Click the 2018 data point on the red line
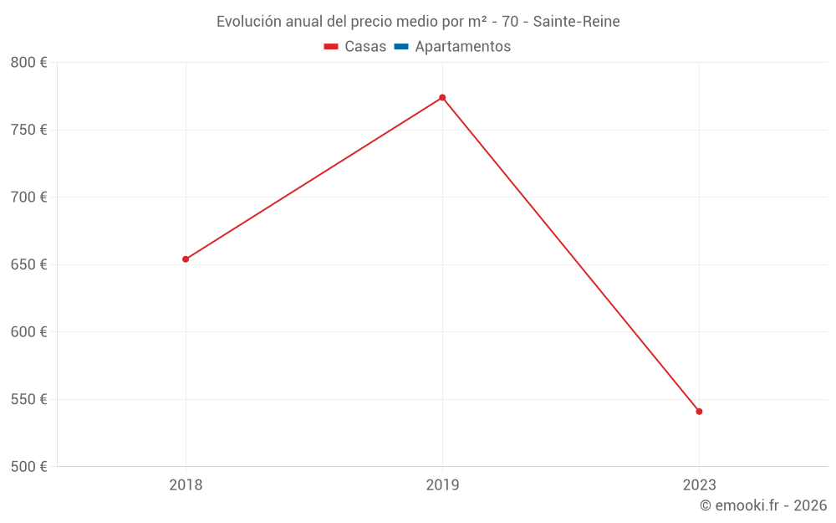(186, 259)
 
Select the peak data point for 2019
(442, 98)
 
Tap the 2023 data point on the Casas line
(699, 412)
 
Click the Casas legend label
(365, 47)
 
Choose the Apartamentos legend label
(462, 47)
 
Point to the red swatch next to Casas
(331, 47)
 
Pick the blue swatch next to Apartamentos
(401, 47)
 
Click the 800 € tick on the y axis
(28, 63)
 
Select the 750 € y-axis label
(28, 130)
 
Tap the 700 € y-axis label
(28, 197)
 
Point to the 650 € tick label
(28, 264)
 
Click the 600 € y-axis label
(28, 332)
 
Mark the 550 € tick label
(28, 399)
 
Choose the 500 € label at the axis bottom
(28, 467)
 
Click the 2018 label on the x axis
(186, 485)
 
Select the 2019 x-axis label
(442, 485)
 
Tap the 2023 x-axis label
(699, 485)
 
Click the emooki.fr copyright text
(763, 505)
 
